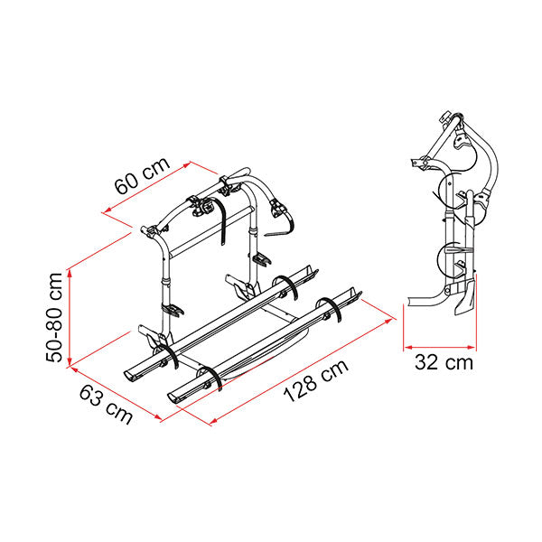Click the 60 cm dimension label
pyautogui.click(x=142, y=175)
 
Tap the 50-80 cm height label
pyautogui.click(x=54, y=317)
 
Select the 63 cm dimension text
pyautogui.click(x=106, y=405)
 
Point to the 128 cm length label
pyautogui.click(x=315, y=380)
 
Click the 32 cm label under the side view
pyautogui.click(x=444, y=362)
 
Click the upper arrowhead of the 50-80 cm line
pyautogui.click(x=70, y=273)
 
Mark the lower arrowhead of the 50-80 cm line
pyautogui.click(x=70, y=360)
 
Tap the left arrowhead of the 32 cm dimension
pyautogui.click(x=408, y=347)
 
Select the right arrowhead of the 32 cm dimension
pyautogui.click(x=472, y=347)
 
